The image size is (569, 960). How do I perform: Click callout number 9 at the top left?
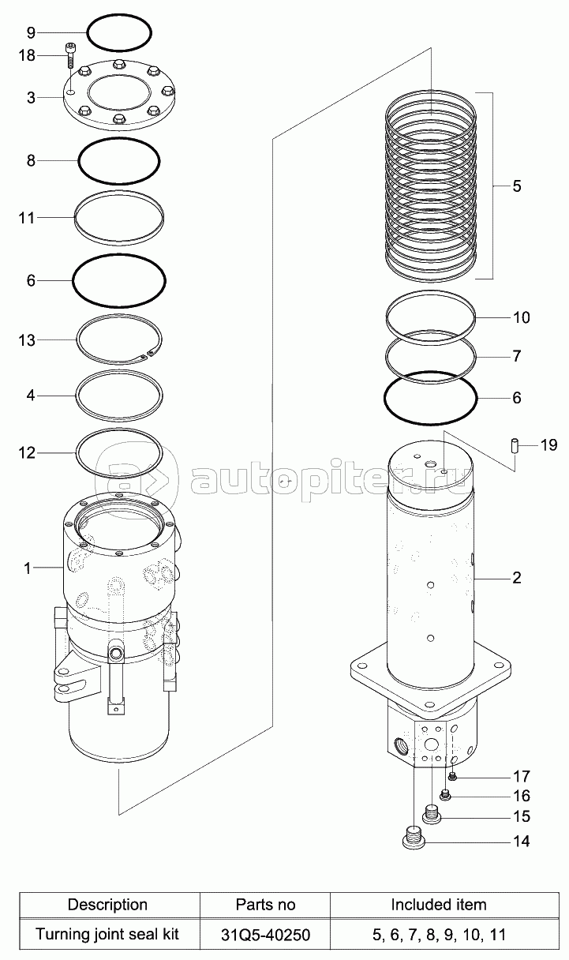click(x=31, y=33)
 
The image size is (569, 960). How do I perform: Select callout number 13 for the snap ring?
click(x=27, y=339)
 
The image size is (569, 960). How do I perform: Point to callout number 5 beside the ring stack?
click(x=517, y=186)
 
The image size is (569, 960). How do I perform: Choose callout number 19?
click(x=549, y=446)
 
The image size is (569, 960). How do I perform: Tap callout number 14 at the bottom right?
click(x=522, y=842)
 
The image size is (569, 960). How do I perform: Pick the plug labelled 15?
click(x=432, y=812)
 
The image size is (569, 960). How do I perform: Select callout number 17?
click(x=522, y=776)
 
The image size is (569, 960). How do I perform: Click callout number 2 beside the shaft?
click(x=517, y=578)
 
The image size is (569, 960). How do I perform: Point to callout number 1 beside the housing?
click(x=27, y=568)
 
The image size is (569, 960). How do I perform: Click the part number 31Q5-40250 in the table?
click(x=266, y=936)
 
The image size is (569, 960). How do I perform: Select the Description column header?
click(x=107, y=905)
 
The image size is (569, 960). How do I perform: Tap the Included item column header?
click(x=439, y=905)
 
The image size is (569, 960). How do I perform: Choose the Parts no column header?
click(x=266, y=905)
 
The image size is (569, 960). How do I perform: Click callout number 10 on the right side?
click(x=522, y=318)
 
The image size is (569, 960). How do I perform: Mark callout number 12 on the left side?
click(x=27, y=452)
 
